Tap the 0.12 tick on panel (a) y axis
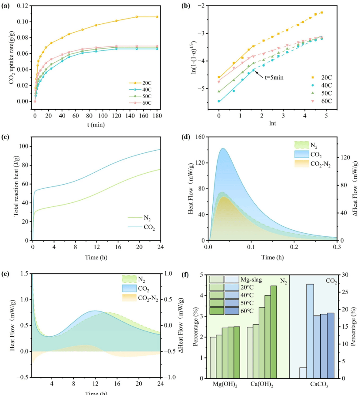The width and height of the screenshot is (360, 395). tap(24, 6)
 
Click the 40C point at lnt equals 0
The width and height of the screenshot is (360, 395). tap(219, 101)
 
